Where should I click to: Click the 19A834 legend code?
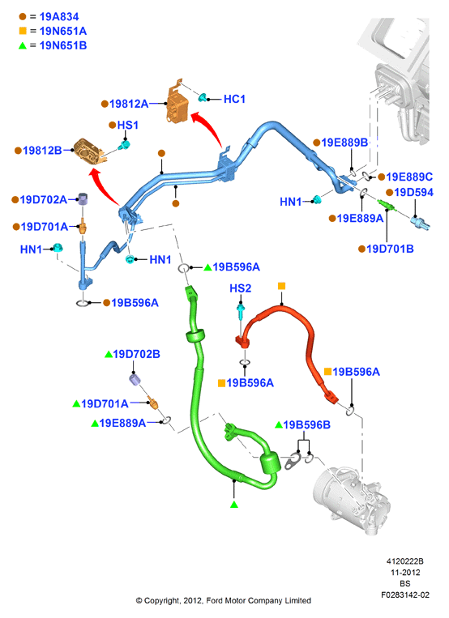tap(59, 16)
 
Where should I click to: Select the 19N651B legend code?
tap(63, 45)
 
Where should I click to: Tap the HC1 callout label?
tap(234, 99)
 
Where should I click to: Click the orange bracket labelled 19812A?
tap(177, 103)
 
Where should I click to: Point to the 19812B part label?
tap(42, 150)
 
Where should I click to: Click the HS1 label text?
tap(128, 125)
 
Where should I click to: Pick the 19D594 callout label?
tap(413, 192)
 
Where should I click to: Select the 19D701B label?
tap(390, 249)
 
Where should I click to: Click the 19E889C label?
tap(409, 177)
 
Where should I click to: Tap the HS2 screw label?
tap(240, 288)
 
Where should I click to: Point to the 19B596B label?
tap(306, 424)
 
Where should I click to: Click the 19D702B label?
tap(136, 354)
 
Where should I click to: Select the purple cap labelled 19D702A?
tap(83, 199)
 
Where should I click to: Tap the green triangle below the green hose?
tap(234, 504)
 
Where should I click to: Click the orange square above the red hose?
tap(281, 286)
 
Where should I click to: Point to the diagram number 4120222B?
tap(404, 561)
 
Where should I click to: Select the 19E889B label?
tap(344, 143)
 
